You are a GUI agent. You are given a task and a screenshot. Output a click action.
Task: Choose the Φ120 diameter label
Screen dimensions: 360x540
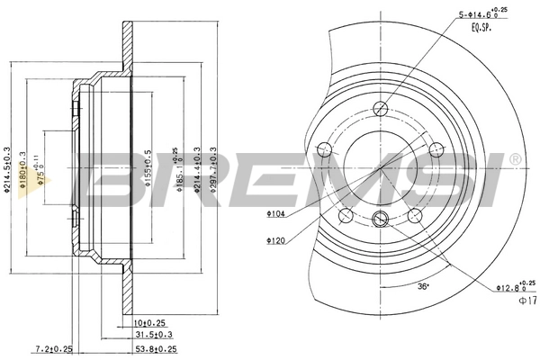pyautogui.click(x=275, y=240)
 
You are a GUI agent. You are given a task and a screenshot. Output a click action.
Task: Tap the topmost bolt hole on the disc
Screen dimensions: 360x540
pyautogui.click(x=380, y=110)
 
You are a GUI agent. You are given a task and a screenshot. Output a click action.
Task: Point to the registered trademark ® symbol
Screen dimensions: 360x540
pyautogui.click(x=514, y=158)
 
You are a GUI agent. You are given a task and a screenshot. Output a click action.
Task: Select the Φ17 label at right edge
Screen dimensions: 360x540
pyautogui.click(x=528, y=301)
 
